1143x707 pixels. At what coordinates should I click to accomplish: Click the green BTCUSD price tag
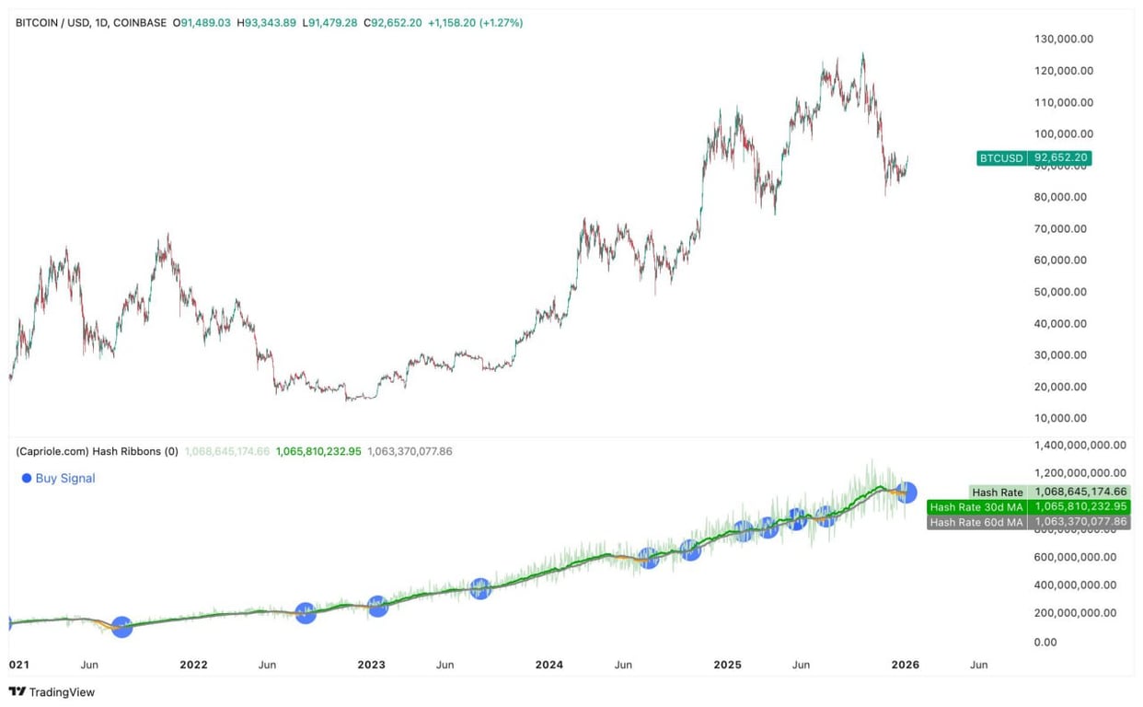(x=1033, y=158)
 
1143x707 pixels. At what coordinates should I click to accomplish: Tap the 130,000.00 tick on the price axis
(x=1064, y=39)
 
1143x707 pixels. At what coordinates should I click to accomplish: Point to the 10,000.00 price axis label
(x=1061, y=418)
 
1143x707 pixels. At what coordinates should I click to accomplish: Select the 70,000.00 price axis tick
(x=1061, y=228)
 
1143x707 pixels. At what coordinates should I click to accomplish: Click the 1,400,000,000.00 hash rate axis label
(x=1079, y=445)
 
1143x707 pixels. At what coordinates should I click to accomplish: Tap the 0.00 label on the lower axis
(x=1045, y=642)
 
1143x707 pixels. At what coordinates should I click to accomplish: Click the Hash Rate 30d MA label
(x=976, y=507)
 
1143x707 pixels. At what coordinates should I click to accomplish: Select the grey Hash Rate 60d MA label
(x=976, y=522)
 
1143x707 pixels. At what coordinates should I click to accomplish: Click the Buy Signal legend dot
(x=27, y=479)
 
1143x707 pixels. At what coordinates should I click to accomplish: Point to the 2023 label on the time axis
(x=371, y=665)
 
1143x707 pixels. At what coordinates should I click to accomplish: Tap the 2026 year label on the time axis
(x=906, y=665)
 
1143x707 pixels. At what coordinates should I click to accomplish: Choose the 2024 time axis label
(x=549, y=665)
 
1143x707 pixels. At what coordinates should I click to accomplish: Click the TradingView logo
(x=52, y=692)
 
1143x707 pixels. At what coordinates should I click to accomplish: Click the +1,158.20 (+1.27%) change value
(x=475, y=22)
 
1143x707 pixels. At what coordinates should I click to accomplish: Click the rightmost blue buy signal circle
(x=906, y=493)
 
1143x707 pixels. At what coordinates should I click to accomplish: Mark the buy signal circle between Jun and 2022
(x=121, y=627)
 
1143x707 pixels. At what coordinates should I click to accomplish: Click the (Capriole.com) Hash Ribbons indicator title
(x=97, y=451)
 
